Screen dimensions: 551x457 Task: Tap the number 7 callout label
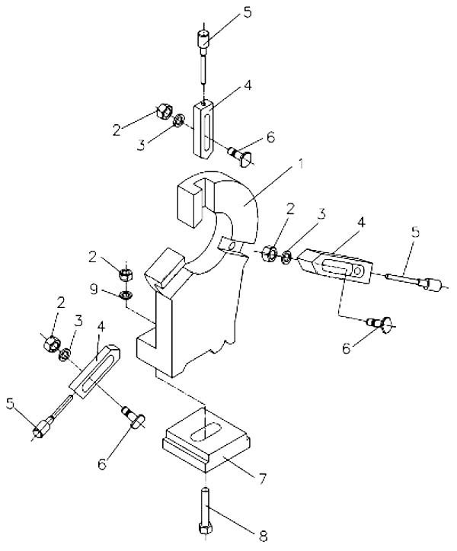click(262, 479)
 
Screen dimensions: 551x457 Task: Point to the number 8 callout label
click(264, 533)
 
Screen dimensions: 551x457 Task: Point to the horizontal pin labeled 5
click(414, 283)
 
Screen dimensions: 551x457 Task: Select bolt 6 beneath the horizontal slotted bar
click(379, 325)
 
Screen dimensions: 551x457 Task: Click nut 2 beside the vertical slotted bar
click(164, 113)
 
